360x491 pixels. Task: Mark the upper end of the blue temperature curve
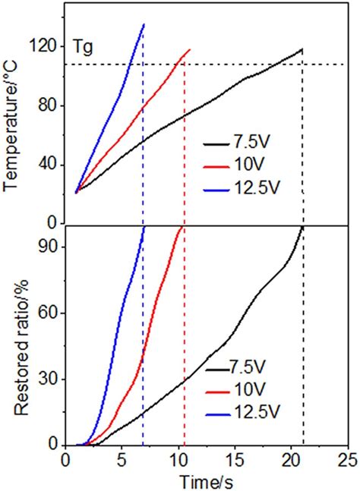144,24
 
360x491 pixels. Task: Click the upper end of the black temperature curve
302,49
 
